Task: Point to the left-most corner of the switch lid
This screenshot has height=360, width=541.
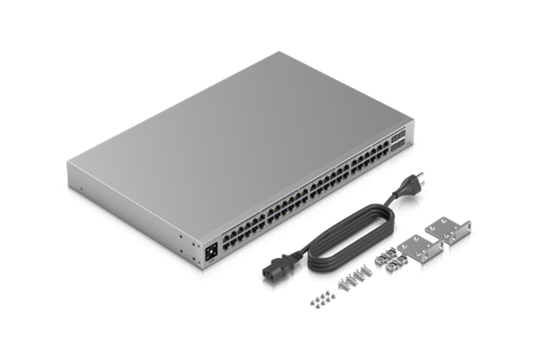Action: [68, 164]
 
